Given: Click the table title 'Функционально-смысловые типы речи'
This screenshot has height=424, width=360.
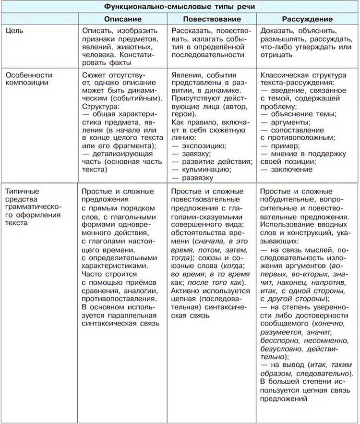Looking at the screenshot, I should [180, 7].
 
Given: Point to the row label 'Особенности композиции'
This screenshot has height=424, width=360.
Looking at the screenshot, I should [29, 80].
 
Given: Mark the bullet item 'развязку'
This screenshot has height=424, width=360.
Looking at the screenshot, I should [196, 178].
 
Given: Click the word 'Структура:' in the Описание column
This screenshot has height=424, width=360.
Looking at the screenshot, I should [98, 106].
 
